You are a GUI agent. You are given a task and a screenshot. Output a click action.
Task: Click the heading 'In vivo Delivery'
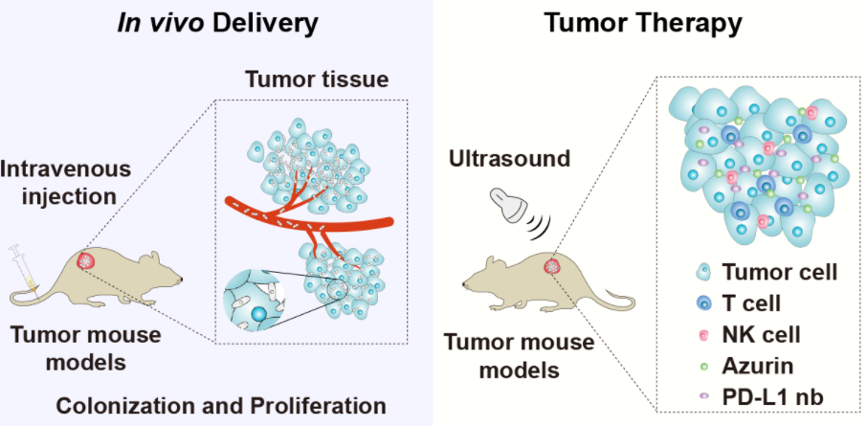(x=216, y=22)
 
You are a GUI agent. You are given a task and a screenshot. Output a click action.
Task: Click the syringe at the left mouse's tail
(x=18, y=264)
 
